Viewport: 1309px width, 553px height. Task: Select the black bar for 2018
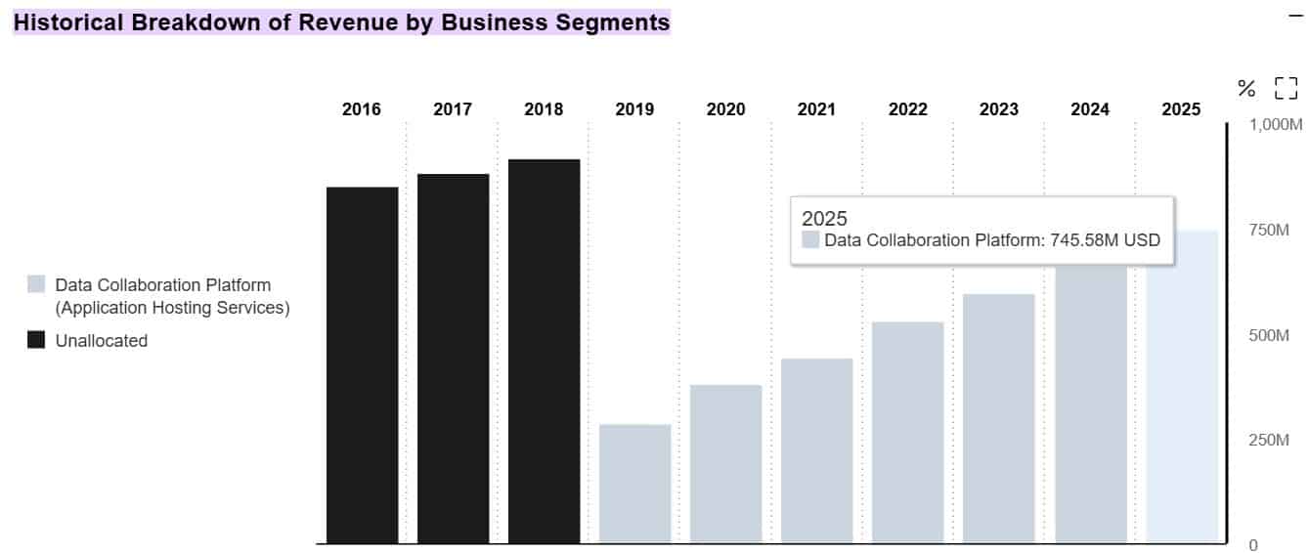point(544,351)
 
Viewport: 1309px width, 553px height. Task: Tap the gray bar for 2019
point(634,484)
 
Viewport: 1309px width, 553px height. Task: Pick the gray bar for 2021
point(816,450)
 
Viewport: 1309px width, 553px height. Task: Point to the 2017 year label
point(453,109)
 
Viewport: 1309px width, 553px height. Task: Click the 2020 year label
point(725,109)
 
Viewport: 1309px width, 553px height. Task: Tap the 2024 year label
point(1090,109)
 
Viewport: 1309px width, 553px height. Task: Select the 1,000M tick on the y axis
point(1277,125)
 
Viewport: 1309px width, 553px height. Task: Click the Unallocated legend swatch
point(36,340)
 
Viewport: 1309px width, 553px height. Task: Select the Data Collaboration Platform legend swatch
point(36,284)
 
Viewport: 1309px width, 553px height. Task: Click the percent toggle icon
point(1246,89)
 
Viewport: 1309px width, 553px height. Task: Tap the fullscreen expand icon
point(1286,89)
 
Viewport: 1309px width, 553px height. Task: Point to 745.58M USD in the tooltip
point(1105,240)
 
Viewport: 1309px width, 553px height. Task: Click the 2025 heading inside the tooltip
point(824,218)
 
